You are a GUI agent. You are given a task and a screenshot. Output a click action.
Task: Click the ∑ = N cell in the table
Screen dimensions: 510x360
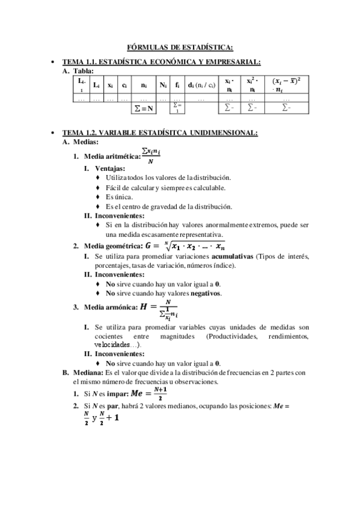tap(142, 108)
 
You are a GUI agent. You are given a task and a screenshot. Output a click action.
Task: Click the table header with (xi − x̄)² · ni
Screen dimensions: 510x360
tap(286, 85)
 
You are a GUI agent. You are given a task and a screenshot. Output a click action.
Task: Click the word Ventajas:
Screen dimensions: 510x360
tap(109, 168)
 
